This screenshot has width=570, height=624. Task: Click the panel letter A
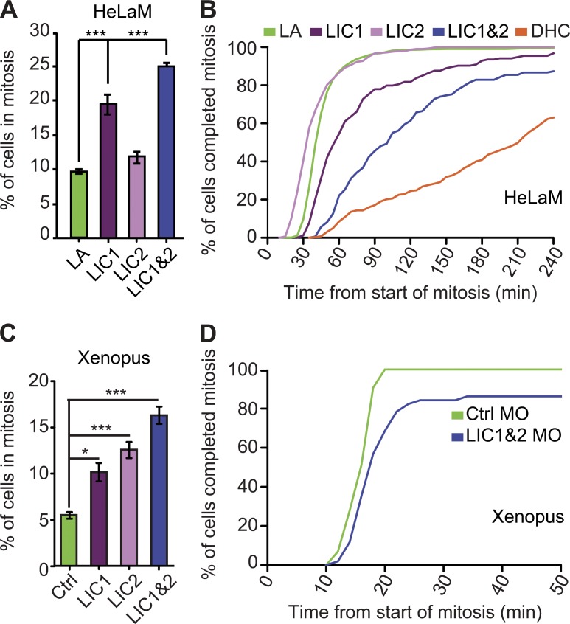[x=10, y=10]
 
